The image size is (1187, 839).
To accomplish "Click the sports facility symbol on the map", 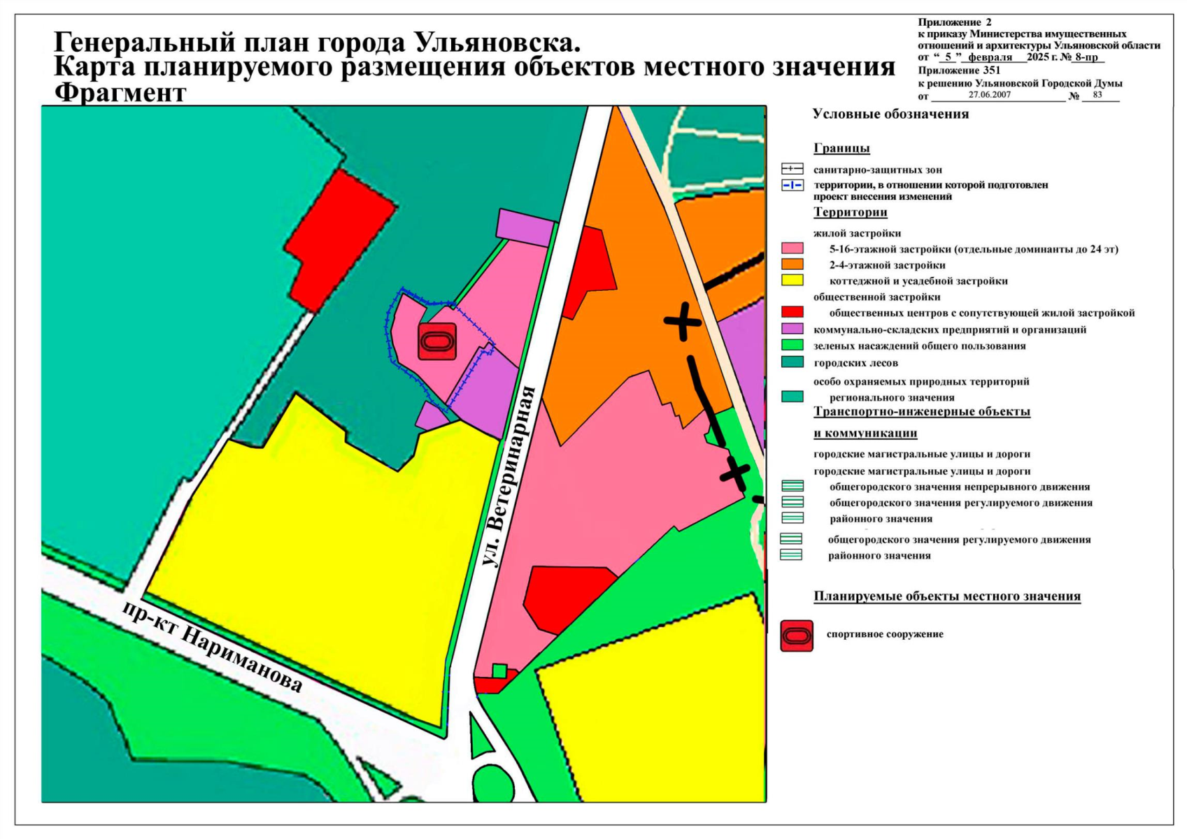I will [x=437, y=342].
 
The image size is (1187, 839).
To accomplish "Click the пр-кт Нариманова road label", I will [x=212, y=646].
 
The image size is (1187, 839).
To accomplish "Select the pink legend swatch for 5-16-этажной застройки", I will [x=792, y=249].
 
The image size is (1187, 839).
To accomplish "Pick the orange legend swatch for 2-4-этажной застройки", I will [x=792, y=265].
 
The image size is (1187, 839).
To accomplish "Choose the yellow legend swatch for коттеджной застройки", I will [x=792, y=281].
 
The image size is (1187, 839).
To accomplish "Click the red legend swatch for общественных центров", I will [x=792, y=313].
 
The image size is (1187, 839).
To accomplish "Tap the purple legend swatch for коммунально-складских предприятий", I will [x=792, y=329].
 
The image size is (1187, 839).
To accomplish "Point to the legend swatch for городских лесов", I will [x=792, y=362].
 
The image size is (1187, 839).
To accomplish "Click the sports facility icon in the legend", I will [x=797, y=636].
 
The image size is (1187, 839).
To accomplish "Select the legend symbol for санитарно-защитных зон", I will [x=792, y=169].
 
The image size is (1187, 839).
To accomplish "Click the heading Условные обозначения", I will [x=890, y=114].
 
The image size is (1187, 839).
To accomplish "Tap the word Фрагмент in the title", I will [x=120, y=93].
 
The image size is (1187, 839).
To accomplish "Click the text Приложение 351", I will [x=959, y=70].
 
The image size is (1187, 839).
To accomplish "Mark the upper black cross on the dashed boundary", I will [x=683, y=322].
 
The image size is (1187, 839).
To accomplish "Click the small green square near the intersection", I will [x=499, y=671].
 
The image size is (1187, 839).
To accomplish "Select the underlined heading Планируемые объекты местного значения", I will [x=946, y=596].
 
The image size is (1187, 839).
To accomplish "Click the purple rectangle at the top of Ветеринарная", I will [x=525, y=227].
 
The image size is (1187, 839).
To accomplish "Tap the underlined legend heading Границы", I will [x=841, y=148].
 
